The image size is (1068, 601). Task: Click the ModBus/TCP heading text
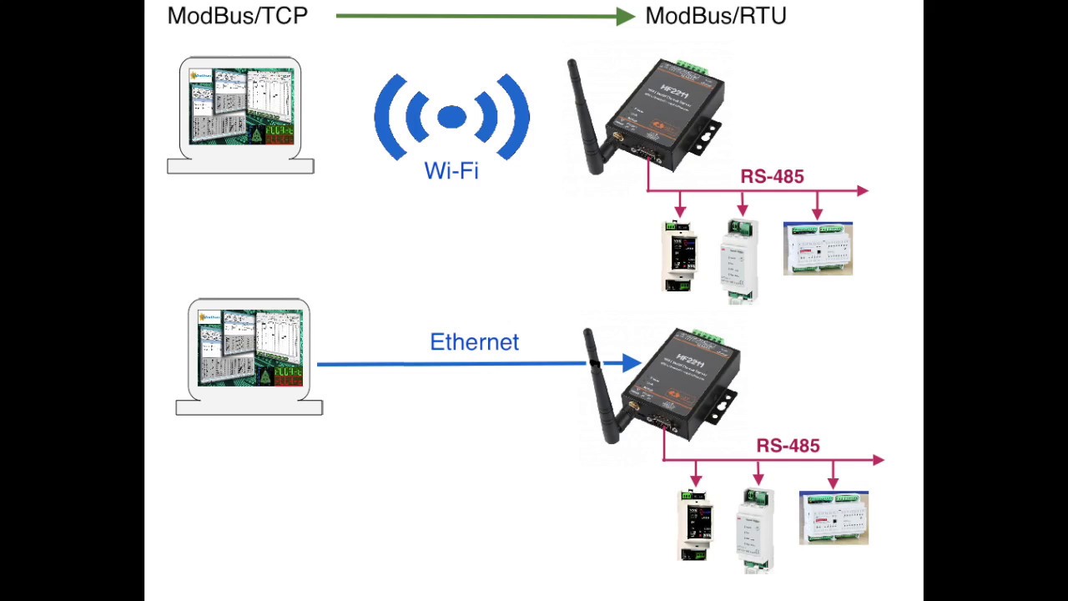(x=238, y=16)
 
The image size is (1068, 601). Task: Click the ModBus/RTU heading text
(x=715, y=16)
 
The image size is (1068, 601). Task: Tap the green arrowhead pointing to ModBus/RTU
(x=626, y=16)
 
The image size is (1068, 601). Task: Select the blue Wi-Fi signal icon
(x=451, y=117)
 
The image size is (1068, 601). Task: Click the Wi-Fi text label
(x=451, y=171)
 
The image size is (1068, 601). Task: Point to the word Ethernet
(x=474, y=342)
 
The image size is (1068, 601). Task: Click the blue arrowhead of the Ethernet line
(x=632, y=363)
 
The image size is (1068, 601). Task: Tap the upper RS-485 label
(x=772, y=177)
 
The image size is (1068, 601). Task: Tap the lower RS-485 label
(x=788, y=447)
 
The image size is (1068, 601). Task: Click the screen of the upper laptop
(x=241, y=107)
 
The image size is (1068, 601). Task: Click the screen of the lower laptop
(x=249, y=348)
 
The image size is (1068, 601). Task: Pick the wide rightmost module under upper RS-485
(x=818, y=249)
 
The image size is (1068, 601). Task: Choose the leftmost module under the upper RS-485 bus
(x=679, y=255)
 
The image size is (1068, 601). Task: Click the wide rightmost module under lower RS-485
(x=834, y=518)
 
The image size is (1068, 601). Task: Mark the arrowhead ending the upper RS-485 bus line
(x=862, y=191)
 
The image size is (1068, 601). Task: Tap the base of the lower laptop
(x=249, y=407)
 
